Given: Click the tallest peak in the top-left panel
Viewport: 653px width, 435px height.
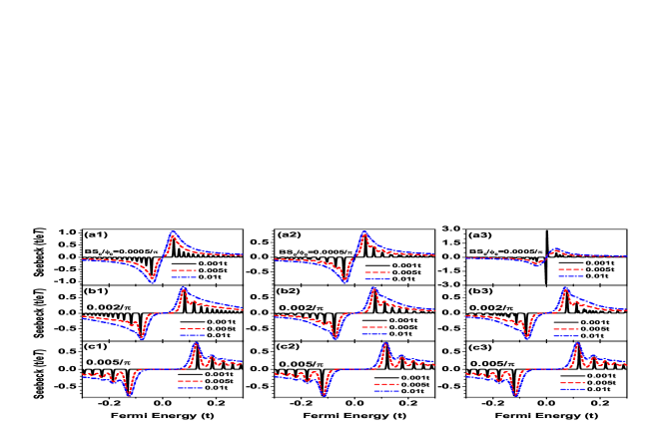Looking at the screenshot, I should (173, 233).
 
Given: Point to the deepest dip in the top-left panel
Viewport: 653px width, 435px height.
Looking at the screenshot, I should (153, 282).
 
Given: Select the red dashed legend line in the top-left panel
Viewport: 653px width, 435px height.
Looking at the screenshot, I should (184, 270).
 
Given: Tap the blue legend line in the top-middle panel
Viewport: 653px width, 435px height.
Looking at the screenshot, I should (377, 279).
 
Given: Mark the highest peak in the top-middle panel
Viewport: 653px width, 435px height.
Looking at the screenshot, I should (363, 232).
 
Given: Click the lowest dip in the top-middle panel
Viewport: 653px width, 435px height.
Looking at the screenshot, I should (345, 281).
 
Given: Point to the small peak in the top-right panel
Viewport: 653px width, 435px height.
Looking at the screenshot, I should (556, 249).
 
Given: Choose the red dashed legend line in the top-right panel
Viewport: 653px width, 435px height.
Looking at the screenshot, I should (571, 269).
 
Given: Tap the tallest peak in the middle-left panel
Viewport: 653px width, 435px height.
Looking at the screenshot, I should (183, 289).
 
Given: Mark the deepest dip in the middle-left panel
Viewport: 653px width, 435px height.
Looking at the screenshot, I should (142, 338).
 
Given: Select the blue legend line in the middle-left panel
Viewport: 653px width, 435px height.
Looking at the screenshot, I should (193, 336).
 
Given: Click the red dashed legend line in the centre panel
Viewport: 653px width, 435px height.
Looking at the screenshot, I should (374, 327).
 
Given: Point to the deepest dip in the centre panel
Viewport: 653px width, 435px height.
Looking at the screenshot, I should (334, 338).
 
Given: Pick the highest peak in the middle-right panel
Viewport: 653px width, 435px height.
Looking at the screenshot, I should (565, 289).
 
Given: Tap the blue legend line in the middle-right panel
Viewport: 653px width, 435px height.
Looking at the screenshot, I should (566, 335).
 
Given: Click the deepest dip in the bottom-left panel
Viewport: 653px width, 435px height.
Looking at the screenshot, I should (129, 395).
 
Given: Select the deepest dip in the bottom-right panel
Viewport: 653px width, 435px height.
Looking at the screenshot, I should (516, 394).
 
